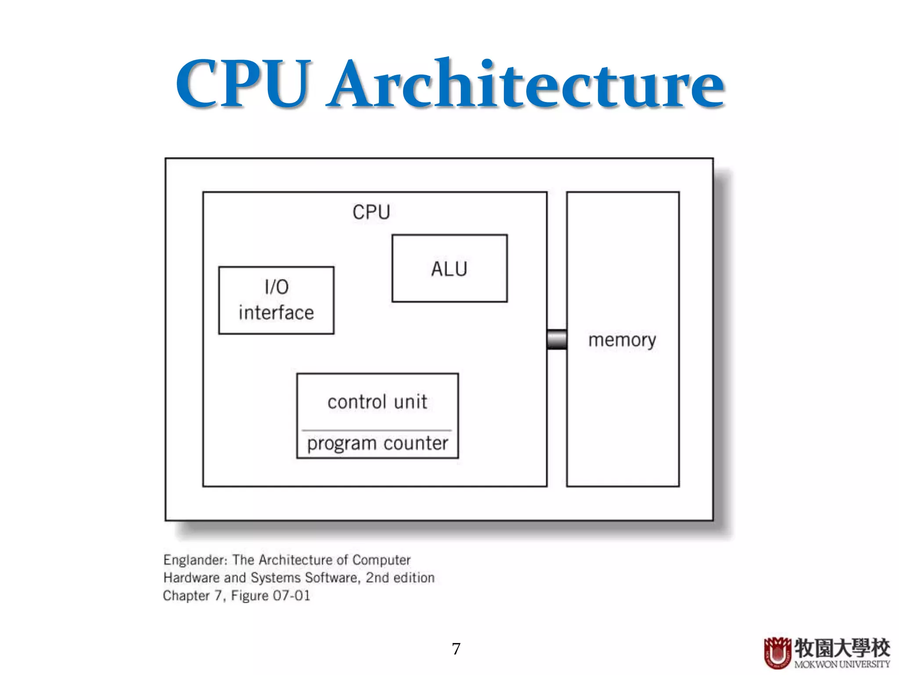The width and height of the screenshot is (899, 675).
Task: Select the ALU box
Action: pos(449,269)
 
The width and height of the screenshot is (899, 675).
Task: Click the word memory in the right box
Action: pos(622,340)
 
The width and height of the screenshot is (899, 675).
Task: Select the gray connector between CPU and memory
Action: pos(557,339)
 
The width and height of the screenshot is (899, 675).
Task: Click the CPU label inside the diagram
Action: pos(371,212)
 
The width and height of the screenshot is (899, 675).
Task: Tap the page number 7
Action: pos(456,649)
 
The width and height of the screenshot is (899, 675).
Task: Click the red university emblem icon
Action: pos(777,653)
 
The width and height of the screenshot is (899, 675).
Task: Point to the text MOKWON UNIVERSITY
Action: pos(841,664)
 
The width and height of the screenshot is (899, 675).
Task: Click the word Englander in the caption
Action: pos(195,560)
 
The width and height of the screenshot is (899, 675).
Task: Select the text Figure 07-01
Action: pos(270,596)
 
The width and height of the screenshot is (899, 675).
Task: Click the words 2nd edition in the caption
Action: pos(400,578)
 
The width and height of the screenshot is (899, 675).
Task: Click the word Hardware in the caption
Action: pos(191,578)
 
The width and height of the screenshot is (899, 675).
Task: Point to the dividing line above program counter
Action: pos(377,430)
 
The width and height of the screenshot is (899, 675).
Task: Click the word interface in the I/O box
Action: pos(276,313)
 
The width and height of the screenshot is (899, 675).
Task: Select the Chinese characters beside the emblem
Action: pos(841,648)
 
